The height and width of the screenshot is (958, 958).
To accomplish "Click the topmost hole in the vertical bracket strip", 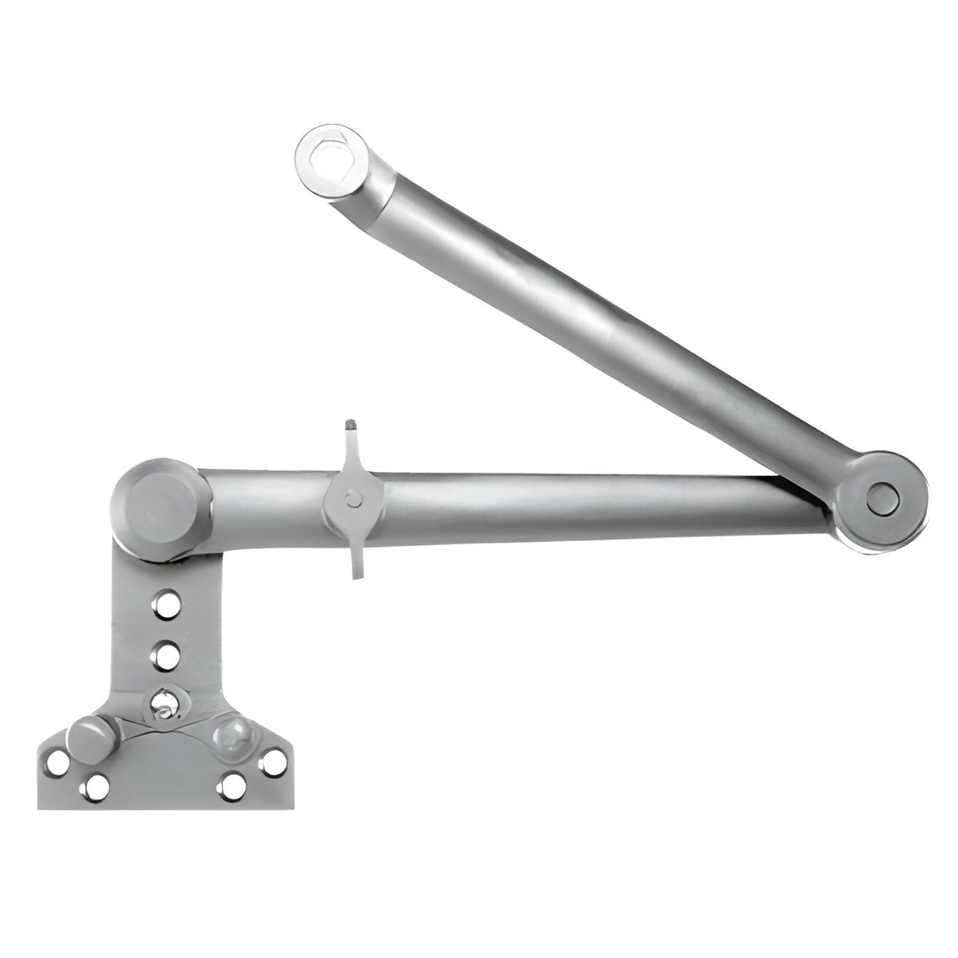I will coord(160,605).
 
